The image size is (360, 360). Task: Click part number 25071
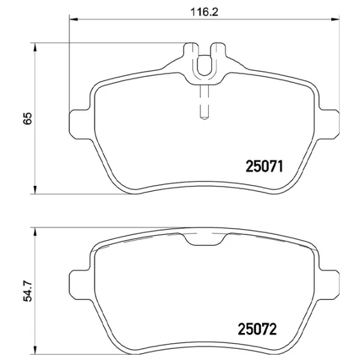tap(265, 165)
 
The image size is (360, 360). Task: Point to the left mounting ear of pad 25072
tap(80, 282)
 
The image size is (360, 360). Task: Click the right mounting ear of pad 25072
tap(329, 282)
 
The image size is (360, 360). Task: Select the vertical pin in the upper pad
tap(204, 99)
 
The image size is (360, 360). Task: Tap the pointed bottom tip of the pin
tap(204, 118)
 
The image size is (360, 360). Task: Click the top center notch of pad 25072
tap(204, 241)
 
